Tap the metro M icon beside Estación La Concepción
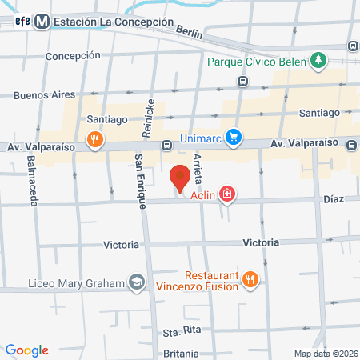pos(41,22)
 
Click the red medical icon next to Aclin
pos(227,194)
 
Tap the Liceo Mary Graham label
pos(77,283)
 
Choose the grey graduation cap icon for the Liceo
pos(138,283)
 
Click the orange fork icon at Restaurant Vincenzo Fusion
pos(251,279)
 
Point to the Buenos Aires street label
pos(44,94)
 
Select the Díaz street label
pos(333,198)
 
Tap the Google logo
pos(26,350)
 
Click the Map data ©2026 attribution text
pos(325,354)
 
